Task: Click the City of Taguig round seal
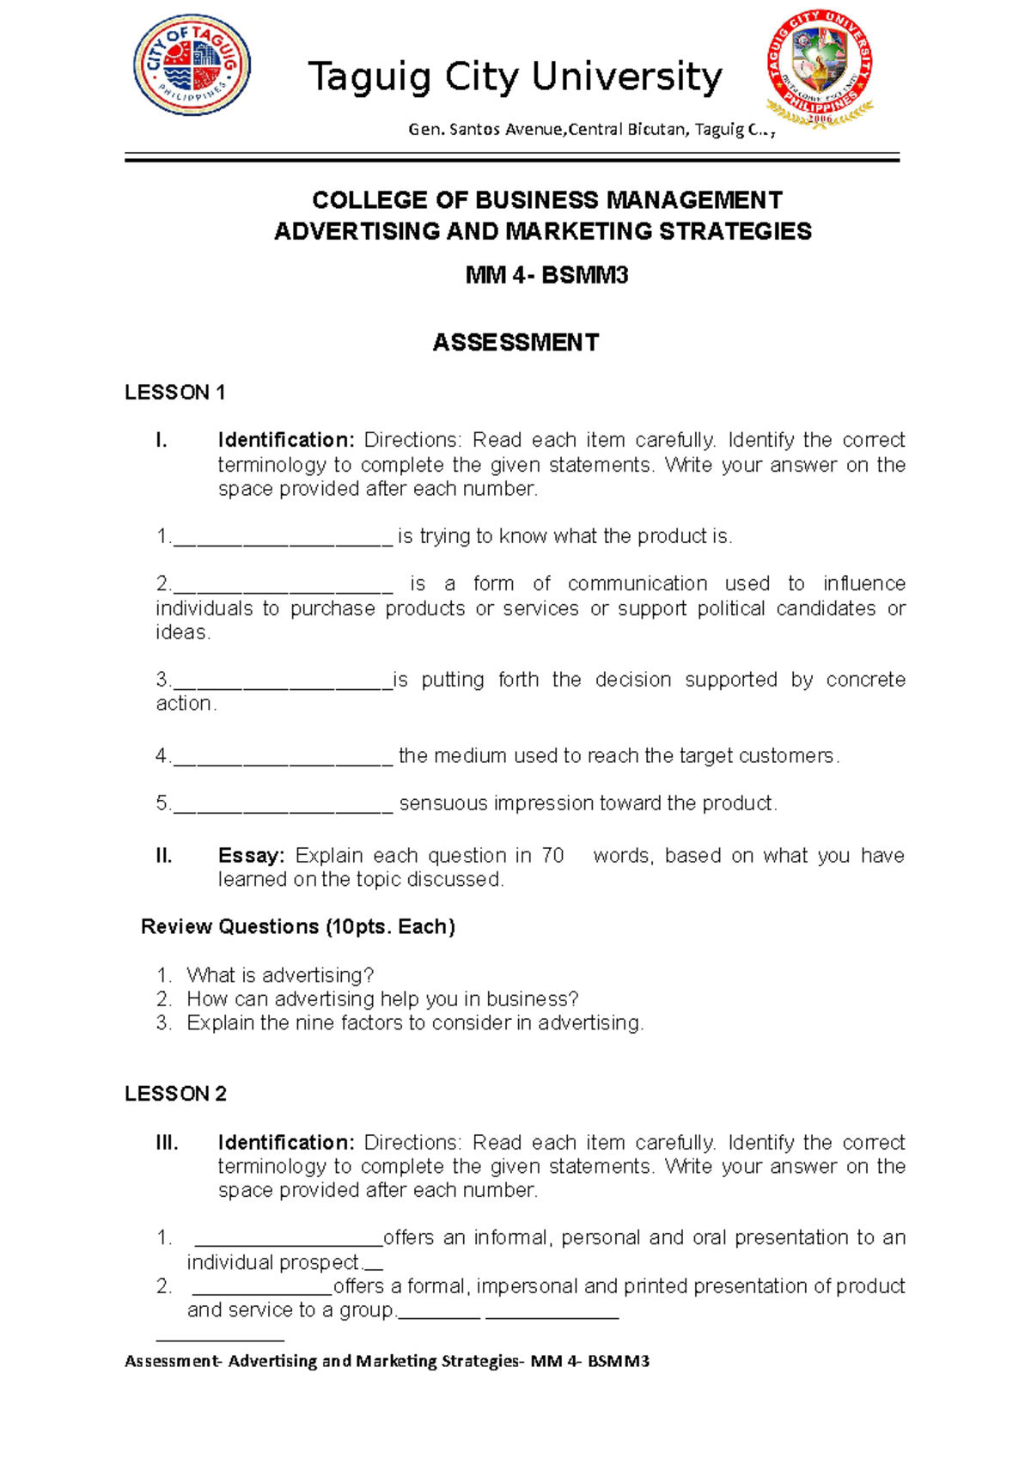[x=192, y=66]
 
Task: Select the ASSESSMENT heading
[x=515, y=343]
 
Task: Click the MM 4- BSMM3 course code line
[x=546, y=275]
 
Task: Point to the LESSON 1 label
[x=174, y=393]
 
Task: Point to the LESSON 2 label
[x=175, y=1094]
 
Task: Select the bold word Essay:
[x=250, y=856]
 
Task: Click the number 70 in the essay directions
[x=552, y=856]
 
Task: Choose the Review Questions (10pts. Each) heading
[x=297, y=927]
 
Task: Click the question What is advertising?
[x=280, y=976]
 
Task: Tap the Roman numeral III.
[x=167, y=1143]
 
